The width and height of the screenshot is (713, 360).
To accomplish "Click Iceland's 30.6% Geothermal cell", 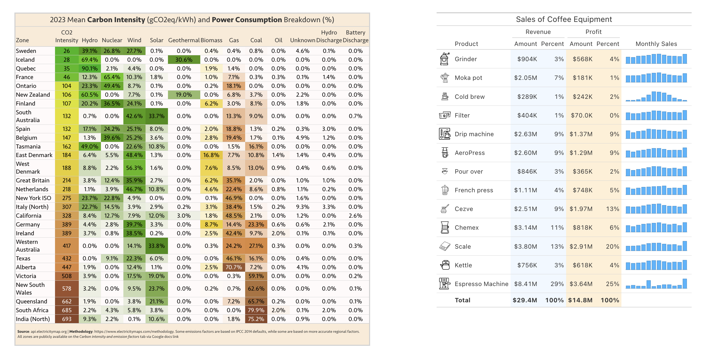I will tap(184, 60).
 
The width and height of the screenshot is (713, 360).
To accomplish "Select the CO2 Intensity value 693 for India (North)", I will tap(67, 319).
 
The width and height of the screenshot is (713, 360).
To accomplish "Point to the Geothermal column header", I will tap(184, 40).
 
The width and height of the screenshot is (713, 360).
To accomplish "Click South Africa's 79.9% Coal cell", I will tap(256, 310).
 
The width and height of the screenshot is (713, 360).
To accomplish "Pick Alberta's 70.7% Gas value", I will tap(234, 267).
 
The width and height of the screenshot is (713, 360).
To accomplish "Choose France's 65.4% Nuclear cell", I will tap(112, 77).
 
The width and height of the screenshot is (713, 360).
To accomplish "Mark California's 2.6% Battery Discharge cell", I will tap(355, 216).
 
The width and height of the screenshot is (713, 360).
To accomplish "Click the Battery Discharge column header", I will tap(355, 37).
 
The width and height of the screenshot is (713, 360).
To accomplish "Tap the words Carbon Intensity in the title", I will tap(116, 20).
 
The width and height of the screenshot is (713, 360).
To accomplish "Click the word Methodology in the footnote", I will tap(81, 331).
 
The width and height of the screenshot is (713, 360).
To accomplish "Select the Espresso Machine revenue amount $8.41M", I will tap(525, 284).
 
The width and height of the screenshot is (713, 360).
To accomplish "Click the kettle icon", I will tap(445, 265).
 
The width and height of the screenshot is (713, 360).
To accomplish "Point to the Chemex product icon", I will tap(445, 228).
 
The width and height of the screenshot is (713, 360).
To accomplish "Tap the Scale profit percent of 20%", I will tap(612, 246).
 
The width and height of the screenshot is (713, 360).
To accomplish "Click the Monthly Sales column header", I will tap(656, 44).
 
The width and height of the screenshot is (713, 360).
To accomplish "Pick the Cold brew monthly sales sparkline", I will tap(656, 97).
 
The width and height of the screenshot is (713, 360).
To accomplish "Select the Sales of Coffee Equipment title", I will tap(564, 19).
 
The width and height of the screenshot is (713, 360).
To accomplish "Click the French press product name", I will tap(473, 190).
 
